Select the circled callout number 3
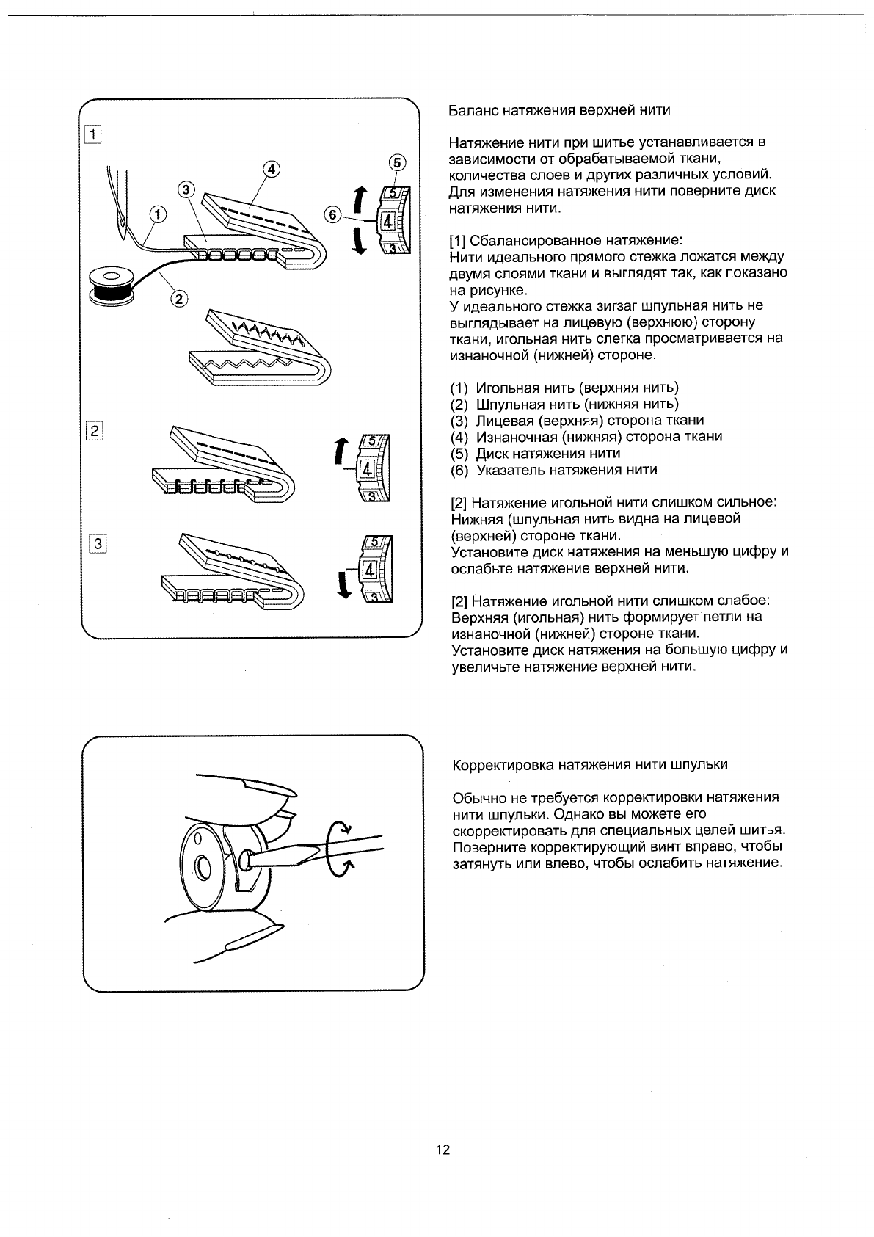[x=186, y=189]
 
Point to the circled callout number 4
[x=271, y=169]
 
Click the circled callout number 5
[x=396, y=162]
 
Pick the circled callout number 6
[x=332, y=214]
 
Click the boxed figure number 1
[x=93, y=134]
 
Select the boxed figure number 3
[x=96, y=543]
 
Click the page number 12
[x=443, y=1150]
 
